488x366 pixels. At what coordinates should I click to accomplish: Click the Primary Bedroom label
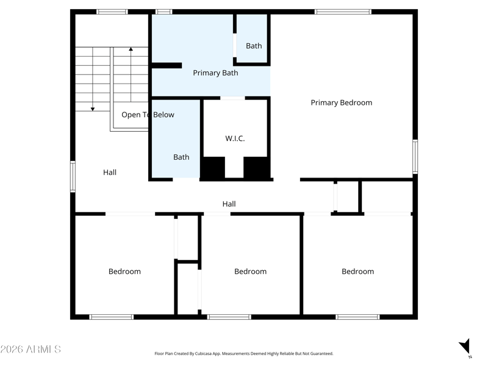(342, 102)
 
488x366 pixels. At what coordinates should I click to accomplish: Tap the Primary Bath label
(215, 73)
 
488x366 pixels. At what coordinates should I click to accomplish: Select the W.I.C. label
(235, 138)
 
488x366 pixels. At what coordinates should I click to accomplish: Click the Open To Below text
(148, 115)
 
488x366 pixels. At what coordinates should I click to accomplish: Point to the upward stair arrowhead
(131, 49)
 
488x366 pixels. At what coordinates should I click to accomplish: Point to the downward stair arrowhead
(93, 109)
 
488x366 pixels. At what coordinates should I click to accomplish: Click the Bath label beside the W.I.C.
(181, 157)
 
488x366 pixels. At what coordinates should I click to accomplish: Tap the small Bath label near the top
(254, 46)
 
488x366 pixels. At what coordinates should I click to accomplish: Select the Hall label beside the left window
(110, 173)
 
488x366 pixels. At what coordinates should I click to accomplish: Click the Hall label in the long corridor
(229, 204)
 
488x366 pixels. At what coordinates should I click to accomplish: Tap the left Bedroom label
(124, 271)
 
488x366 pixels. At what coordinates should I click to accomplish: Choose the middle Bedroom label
(251, 271)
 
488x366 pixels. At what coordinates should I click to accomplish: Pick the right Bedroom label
(358, 271)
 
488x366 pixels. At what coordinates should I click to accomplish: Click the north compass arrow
(465, 346)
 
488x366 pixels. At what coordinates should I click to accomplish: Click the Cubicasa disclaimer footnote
(243, 354)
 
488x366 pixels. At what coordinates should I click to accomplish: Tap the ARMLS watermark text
(30, 349)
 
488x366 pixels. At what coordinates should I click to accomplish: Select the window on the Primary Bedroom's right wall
(415, 157)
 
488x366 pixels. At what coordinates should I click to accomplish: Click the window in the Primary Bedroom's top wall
(343, 12)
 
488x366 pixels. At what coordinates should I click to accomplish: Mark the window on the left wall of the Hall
(73, 176)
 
